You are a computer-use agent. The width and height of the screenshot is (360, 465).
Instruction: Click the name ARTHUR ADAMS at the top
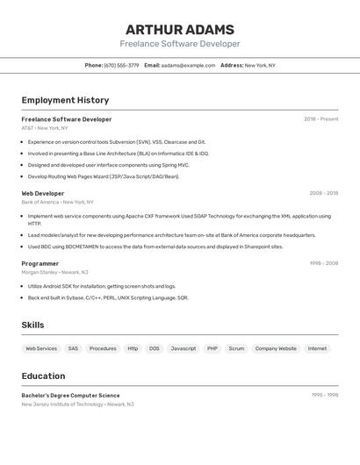click(180, 29)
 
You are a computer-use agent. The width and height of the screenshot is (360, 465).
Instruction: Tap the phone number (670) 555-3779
click(121, 65)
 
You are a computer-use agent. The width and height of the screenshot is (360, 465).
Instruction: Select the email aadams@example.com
click(188, 65)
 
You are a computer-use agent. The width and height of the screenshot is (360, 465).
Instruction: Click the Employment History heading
click(65, 100)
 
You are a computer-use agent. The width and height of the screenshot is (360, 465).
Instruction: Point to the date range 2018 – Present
click(320, 119)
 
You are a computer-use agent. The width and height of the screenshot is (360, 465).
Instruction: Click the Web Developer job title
click(43, 193)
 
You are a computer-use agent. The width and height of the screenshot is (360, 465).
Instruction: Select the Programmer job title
click(40, 263)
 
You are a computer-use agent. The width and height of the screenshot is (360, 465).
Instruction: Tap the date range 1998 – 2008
click(323, 263)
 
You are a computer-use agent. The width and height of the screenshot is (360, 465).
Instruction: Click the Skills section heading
click(32, 325)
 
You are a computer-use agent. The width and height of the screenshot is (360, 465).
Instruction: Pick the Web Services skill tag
click(41, 348)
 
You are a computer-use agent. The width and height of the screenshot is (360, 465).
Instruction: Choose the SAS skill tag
click(73, 348)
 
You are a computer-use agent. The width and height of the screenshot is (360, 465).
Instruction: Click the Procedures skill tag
click(103, 348)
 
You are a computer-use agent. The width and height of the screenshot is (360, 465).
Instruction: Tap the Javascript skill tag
click(184, 348)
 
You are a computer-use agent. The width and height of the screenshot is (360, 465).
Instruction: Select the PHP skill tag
click(212, 348)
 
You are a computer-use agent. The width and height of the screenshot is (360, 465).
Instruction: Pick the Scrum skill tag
click(236, 348)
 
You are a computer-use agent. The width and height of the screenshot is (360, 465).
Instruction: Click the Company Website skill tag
click(276, 348)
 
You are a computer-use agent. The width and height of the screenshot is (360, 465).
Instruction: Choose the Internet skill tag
click(317, 348)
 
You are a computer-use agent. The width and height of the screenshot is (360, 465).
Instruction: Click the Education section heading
click(43, 376)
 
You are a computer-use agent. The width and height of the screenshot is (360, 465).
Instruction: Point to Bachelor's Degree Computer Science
click(70, 396)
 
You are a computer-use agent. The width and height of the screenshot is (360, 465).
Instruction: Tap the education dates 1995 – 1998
click(324, 396)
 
